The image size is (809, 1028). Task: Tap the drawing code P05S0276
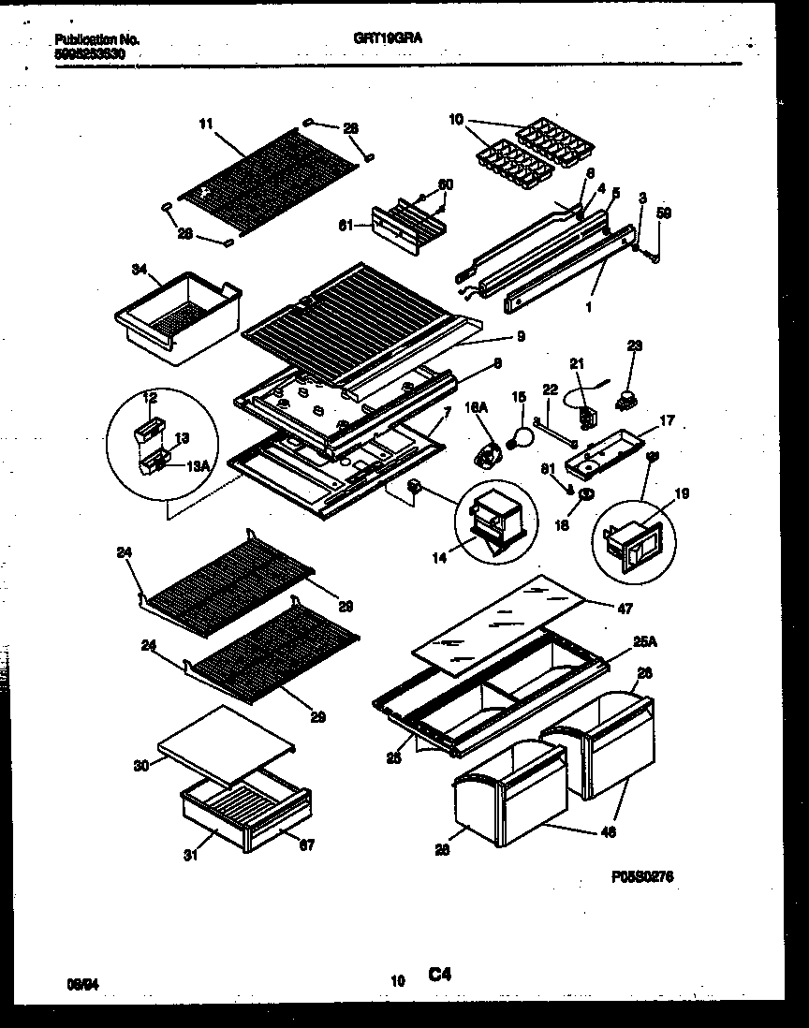(x=642, y=876)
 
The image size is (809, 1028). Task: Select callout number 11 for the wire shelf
(x=206, y=122)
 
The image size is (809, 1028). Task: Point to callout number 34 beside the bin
(x=139, y=271)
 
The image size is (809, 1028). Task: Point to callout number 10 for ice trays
(x=456, y=119)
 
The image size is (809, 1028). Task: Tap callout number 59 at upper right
(x=665, y=213)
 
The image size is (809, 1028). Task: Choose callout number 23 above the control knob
(x=636, y=345)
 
